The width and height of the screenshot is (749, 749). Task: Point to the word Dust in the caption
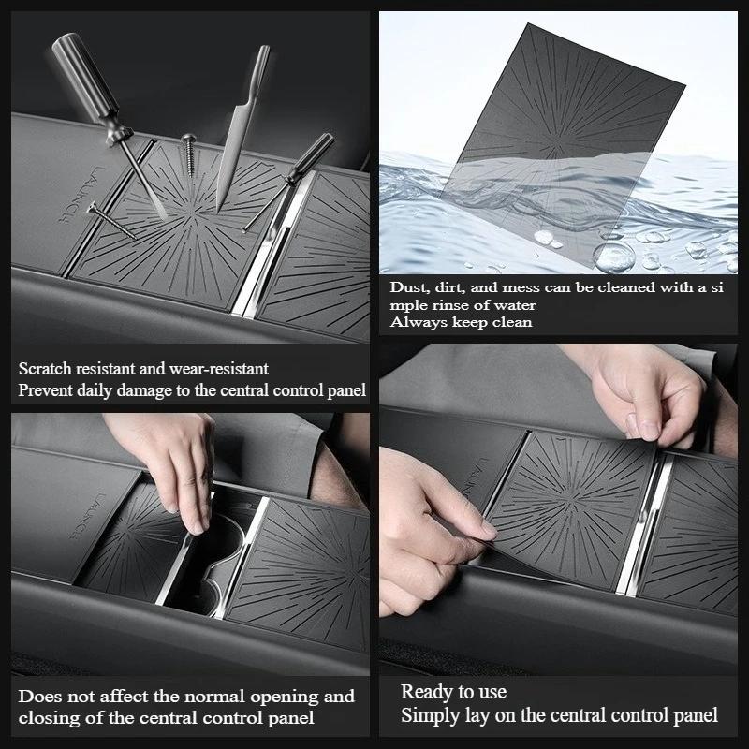point(408,288)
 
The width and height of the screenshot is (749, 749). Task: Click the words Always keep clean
point(461,322)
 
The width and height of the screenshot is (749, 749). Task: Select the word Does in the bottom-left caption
point(39,697)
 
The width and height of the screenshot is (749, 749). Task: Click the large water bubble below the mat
point(613,255)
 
